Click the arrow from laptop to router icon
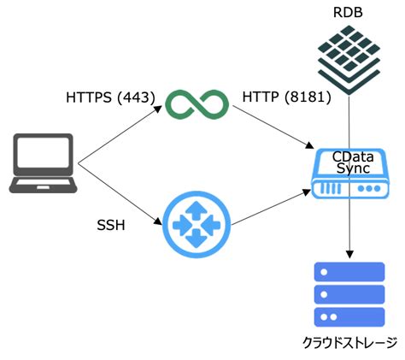tap(120, 193)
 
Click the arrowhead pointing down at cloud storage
tap(349, 252)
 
